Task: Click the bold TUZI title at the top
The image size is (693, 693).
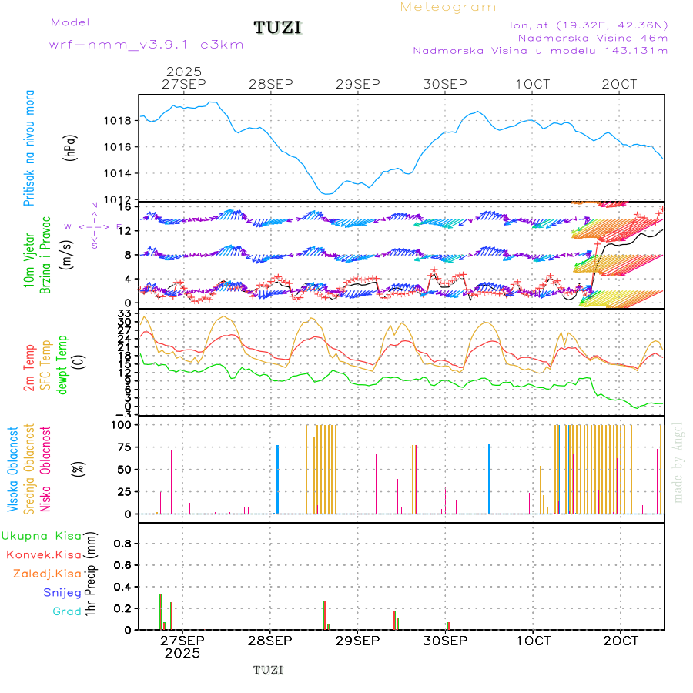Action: (277, 28)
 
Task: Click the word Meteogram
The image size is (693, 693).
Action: (448, 7)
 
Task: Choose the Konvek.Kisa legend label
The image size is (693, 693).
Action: (44, 554)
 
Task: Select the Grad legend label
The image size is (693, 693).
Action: (67, 611)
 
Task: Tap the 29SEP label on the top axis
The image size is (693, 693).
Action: (358, 84)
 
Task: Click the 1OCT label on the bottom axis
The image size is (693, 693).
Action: (533, 640)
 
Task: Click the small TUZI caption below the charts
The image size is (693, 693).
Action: (268, 670)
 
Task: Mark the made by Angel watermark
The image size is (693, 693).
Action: (678, 462)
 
